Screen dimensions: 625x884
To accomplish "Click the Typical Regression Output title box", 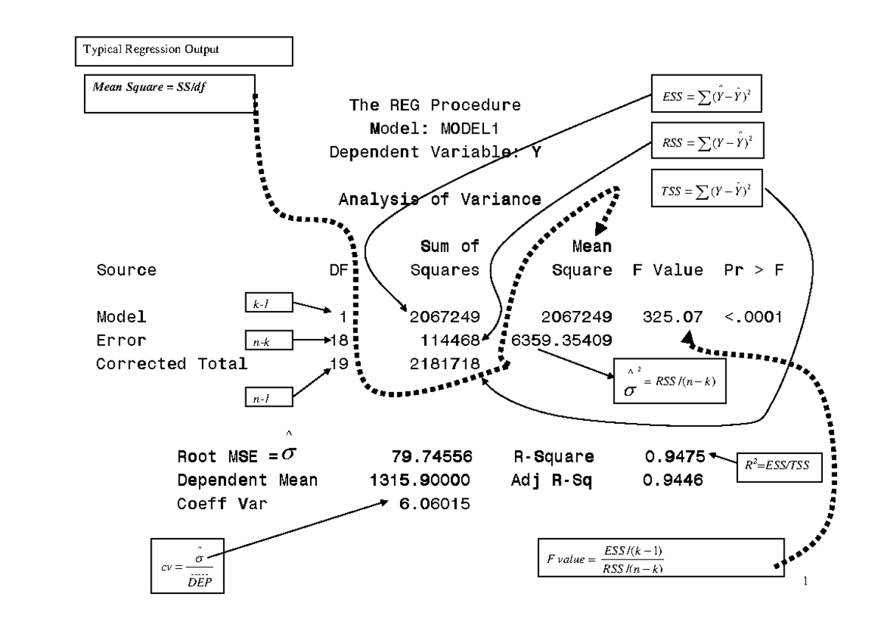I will (184, 51).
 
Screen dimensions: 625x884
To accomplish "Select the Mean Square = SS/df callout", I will (170, 92).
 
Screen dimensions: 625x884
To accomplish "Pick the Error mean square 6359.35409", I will (561, 341).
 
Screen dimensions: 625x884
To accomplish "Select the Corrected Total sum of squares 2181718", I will (445, 364).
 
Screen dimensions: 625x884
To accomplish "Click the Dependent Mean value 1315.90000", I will (420, 481).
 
